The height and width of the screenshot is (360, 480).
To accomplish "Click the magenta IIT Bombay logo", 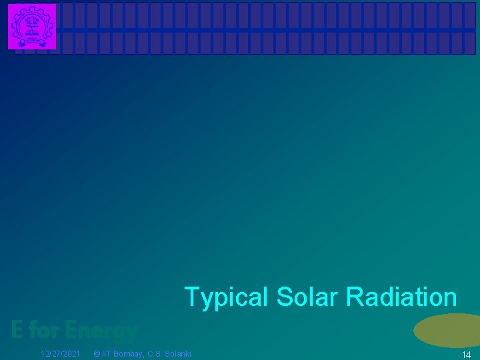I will (32, 27).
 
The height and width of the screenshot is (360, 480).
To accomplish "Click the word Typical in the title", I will (225, 297).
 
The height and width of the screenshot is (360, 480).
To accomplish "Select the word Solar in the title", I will (305, 297).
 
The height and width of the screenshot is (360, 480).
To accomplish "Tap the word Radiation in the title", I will (401, 297).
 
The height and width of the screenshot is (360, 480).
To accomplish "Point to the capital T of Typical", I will (191, 297).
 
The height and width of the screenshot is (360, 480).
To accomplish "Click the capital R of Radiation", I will (354, 297).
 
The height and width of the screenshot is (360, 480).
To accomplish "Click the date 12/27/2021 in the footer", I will (61, 353).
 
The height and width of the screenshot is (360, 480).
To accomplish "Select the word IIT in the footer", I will (107, 353).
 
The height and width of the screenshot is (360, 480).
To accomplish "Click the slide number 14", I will (467, 355).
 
